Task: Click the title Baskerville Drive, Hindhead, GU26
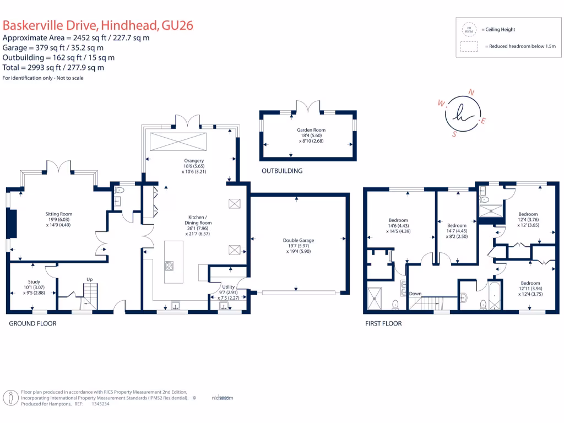[x=98, y=25]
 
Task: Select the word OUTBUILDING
[x=282, y=171]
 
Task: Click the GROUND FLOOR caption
[x=32, y=323]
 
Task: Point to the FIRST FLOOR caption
[x=383, y=323]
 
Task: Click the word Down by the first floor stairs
[x=415, y=294]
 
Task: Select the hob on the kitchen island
[x=169, y=265]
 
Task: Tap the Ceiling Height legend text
[x=500, y=29]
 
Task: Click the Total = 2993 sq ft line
[x=53, y=68]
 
